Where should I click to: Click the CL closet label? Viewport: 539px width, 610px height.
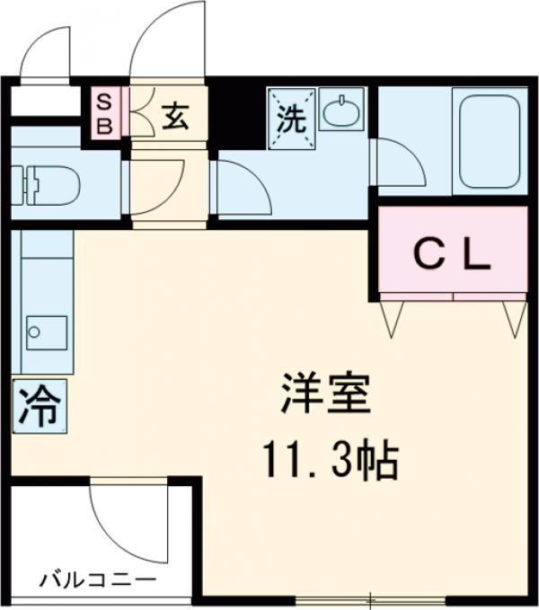[453, 256]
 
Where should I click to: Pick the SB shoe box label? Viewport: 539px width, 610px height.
[104, 112]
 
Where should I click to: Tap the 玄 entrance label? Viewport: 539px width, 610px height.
[175, 117]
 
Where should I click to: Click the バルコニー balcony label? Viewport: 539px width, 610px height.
[96, 579]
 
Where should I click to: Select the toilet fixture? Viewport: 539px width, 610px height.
[43, 183]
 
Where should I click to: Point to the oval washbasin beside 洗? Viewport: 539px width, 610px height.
[341, 112]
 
